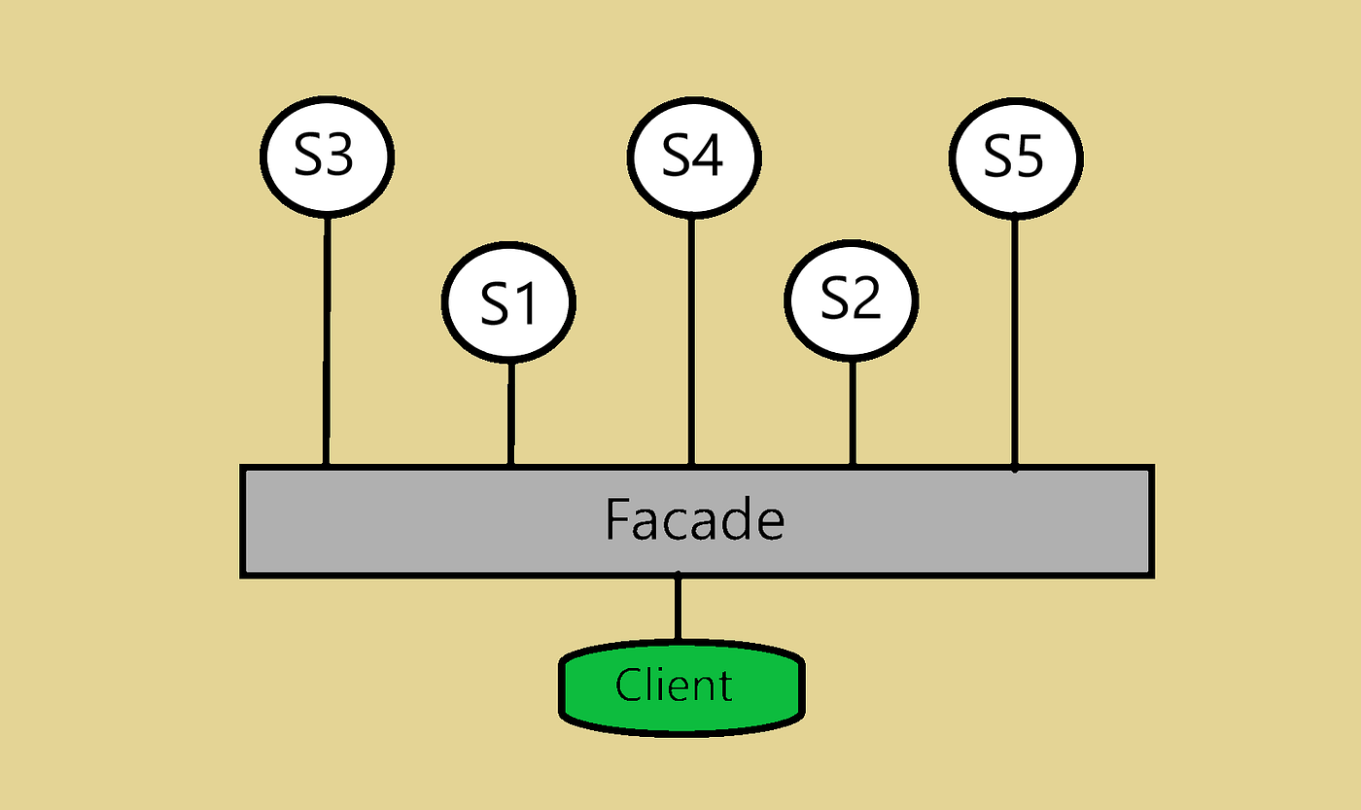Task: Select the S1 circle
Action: pyautogui.click(x=508, y=301)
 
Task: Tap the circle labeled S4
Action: pyautogui.click(x=693, y=156)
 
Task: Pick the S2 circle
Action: pyautogui.click(x=852, y=299)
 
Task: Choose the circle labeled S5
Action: pyautogui.click(x=1015, y=157)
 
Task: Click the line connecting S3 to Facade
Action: pyautogui.click(x=327, y=340)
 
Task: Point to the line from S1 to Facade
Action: pyautogui.click(x=510, y=413)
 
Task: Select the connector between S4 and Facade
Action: pyautogui.click(x=691, y=340)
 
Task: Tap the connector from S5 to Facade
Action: pyautogui.click(x=1014, y=340)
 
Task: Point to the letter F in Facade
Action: pyautogui.click(x=618, y=520)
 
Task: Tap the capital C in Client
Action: pyautogui.click(x=630, y=687)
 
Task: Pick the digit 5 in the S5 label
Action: pyautogui.click(x=1029, y=158)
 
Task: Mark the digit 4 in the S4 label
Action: pyautogui.click(x=708, y=156)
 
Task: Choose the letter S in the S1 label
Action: pyautogui.click(x=496, y=303)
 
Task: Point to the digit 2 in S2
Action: pyautogui.click(x=865, y=299)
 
